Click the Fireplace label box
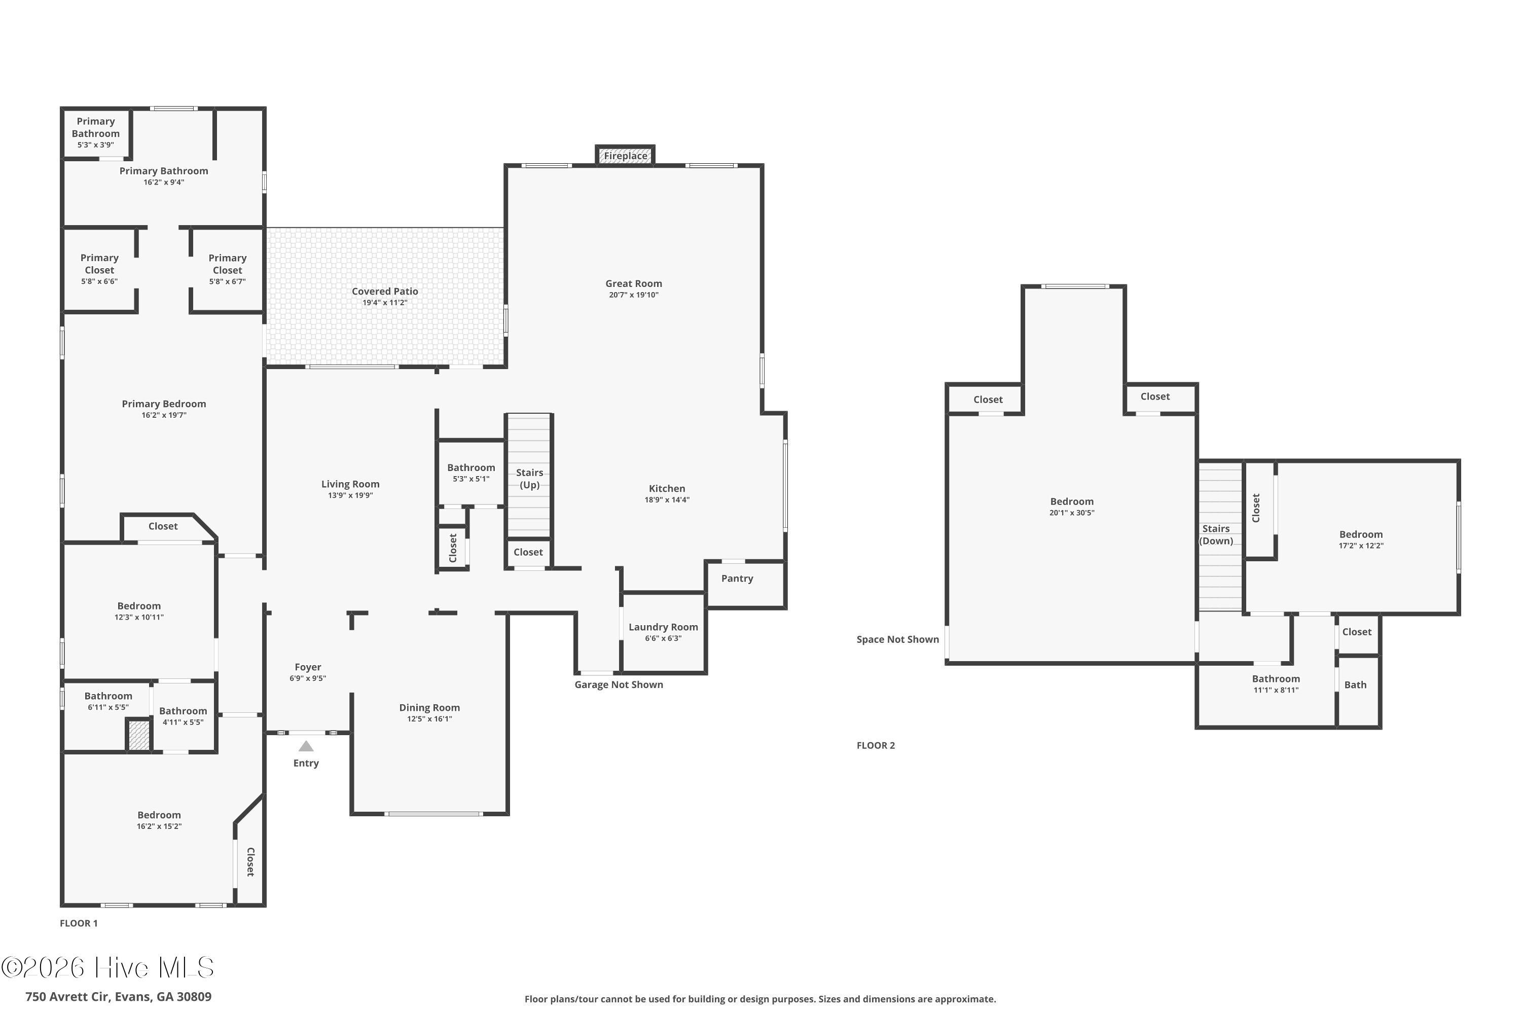pos(625,156)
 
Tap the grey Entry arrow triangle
pos(306,746)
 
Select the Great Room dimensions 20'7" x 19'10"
pos(634,295)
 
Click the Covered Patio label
pos(385,291)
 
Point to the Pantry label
pos(737,578)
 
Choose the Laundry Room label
pos(664,627)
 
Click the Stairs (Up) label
pos(530,479)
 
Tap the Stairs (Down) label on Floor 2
pos(1216,535)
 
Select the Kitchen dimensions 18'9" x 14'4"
pos(667,500)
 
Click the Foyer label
pos(308,667)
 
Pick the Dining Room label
pos(429,707)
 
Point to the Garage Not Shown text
pos(619,684)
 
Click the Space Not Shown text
pos(897,639)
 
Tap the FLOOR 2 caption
pos(876,745)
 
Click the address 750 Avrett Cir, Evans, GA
pos(118,997)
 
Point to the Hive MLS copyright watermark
pos(107,967)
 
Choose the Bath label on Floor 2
pos(1355,684)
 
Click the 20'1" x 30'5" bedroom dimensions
pos(1072,513)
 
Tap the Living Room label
pos(350,484)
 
